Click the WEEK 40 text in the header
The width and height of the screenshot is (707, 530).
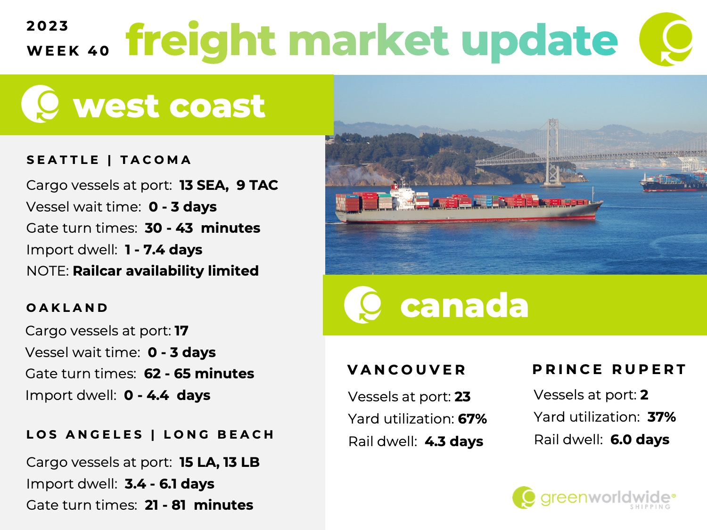pos(68,51)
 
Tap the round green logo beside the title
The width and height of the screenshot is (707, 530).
pos(666,39)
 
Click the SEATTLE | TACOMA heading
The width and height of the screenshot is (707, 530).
pos(109,160)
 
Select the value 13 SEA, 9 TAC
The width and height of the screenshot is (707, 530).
pos(229,185)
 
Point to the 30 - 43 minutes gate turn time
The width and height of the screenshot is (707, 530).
pos(202,228)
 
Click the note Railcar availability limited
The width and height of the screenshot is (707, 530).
pos(165,270)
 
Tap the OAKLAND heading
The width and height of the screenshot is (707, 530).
pos(67,308)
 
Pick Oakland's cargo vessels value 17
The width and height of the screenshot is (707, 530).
pos(181,331)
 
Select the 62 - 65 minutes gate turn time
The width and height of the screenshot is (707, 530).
pos(199,374)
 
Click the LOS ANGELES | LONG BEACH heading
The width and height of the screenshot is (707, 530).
pos(150,434)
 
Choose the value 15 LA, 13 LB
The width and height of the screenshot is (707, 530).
pos(219,462)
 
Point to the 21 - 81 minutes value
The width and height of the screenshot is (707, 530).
pos(199,505)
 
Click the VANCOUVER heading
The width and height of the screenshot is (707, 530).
pos(407,370)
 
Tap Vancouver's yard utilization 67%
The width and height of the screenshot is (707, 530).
pos(472,419)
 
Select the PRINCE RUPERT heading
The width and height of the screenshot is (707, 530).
pos(609,369)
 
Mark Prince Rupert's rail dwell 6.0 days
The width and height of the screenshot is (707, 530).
pos(640,440)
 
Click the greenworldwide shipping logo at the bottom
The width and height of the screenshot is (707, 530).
pos(594,497)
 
